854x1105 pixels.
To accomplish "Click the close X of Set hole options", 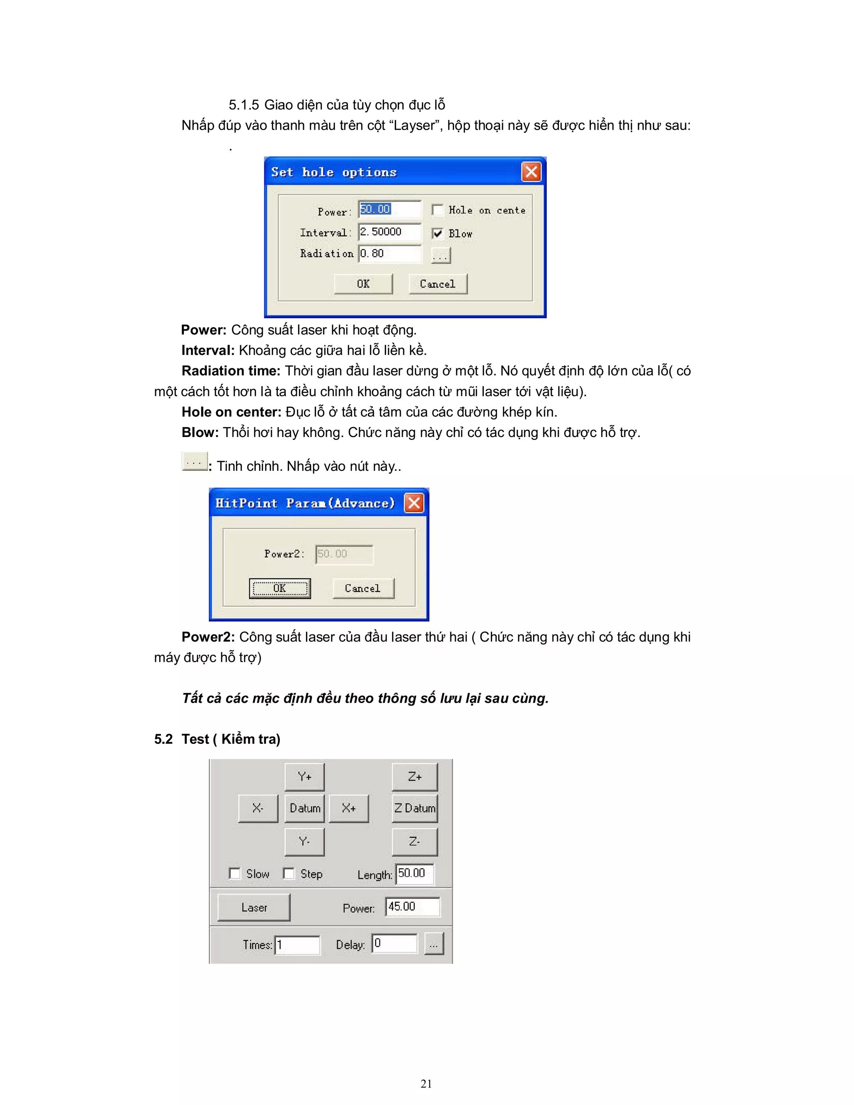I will [531, 172].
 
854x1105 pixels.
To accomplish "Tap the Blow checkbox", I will [437, 233].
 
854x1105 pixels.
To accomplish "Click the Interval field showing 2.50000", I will [389, 232].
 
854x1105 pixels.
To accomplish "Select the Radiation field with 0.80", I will [389, 254].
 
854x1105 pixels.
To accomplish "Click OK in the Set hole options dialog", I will [363, 284].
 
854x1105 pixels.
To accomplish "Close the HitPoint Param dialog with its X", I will [414, 503].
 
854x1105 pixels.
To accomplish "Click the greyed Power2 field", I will [344, 554].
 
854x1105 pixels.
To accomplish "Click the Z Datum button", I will [414, 808].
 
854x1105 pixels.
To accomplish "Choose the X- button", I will [258, 808].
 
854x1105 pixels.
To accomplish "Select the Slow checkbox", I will [235, 874].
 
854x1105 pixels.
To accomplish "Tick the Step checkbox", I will [289, 874].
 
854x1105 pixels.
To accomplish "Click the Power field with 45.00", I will [412, 907].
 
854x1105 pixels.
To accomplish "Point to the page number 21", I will [426, 1083].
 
